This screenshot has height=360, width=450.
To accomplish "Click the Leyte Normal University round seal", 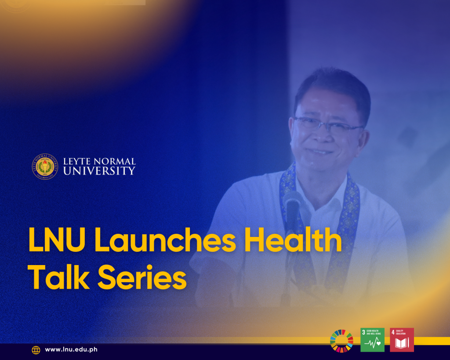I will pos(45,166).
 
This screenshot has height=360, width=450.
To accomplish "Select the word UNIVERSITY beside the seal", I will pos(99,171).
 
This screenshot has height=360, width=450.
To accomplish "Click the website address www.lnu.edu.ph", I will pos(71,349).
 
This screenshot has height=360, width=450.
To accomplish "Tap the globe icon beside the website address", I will pos(36,350).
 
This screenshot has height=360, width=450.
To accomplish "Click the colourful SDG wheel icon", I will pos(341,340).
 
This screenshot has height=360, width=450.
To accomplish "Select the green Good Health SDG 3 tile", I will pos(372,340).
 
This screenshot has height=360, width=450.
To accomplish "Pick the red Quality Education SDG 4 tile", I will pos(402,340).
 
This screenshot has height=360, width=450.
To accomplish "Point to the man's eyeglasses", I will pos(327,125).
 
